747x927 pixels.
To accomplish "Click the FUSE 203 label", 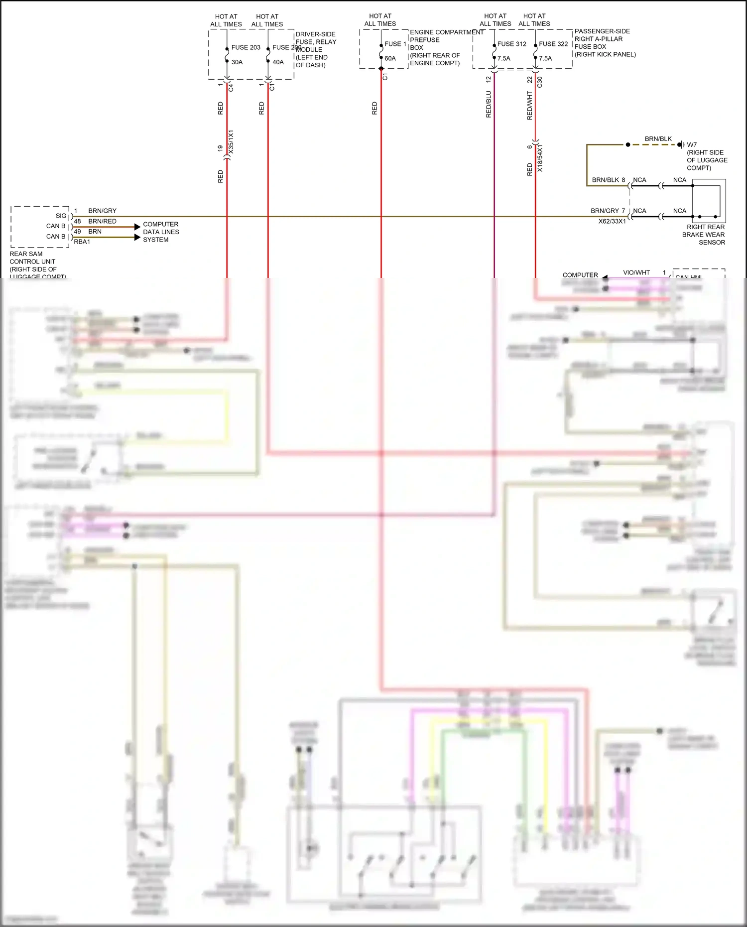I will tap(246, 47).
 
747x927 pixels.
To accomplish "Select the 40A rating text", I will tap(278, 62).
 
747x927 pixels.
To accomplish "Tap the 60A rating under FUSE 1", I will tap(390, 58).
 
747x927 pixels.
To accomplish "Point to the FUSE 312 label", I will tap(511, 44).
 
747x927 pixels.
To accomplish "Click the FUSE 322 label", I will tap(553, 44).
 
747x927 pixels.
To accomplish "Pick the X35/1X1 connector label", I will tap(231, 142).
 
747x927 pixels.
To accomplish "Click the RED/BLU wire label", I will tap(489, 104).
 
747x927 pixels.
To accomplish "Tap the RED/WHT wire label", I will tap(530, 105).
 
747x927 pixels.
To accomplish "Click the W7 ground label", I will tap(692, 145).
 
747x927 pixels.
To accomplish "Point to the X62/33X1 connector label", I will tap(612, 221).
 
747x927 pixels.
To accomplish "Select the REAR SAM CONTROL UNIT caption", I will tap(33, 262).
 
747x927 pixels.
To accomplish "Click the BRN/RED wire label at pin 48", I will tap(102, 221).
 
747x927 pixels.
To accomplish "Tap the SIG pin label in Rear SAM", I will tap(61, 216).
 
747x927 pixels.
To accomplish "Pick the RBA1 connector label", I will tap(82, 242).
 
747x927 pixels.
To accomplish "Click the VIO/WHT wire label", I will tap(636, 272).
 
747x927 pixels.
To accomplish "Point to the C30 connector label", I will tap(540, 82).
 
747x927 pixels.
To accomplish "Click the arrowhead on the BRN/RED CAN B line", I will tap(137, 227).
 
